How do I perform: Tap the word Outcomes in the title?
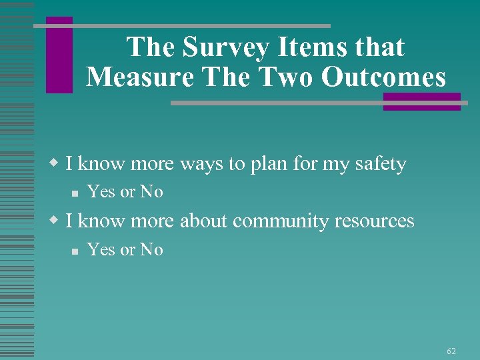[x=383, y=77]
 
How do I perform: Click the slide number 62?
[x=451, y=351]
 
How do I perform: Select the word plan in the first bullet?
[x=270, y=164]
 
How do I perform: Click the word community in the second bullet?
[x=285, y=221]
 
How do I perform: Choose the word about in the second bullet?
[x=203, y=221]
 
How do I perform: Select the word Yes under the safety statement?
[x=101, y=192]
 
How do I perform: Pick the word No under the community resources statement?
[x=151, y=250]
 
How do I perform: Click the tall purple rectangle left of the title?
[x=59, y=55]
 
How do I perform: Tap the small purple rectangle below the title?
[x=421, y=101]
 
